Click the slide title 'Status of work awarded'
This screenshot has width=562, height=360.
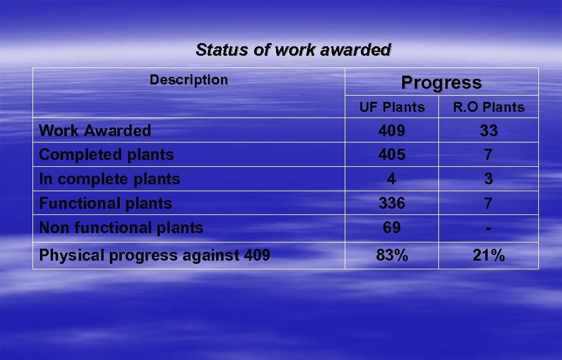pyautogui.click(x=293, y=50)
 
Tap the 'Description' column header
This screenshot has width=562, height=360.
pyautogui.click(x=189, y=80)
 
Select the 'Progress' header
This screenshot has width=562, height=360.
pyautogui.click(x=441, y=82)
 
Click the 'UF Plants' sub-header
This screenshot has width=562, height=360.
pyautogui.click(x=392, y=107)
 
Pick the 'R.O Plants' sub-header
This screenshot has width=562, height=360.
pyautogui.click(x=488, y=107)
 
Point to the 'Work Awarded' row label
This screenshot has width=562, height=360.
pyautogui.click(x=95, y=131)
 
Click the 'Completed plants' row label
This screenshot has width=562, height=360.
pyautogui.click(x=106, y=154)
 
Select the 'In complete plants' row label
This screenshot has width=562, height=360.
pyautogui.click(x=109, y=179)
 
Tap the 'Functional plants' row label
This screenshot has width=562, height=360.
pyautogui.click(x=105, y=203)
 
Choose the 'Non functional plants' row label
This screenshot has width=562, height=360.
pyautogui.click(x=121, y=228)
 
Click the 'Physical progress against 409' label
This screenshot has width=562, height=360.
pyautogui.click(x=154, y=255)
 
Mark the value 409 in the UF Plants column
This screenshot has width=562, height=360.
pyautogui.click(x=392, y=131)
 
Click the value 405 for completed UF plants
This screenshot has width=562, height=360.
pyautogui.click(x=392, y=154)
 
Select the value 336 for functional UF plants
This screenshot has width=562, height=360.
pyautogui.click(x=392, y=203)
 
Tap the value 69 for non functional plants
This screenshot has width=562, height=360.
pyautogui.click(x=392, y=228)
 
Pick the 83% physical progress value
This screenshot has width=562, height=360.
pyautogui.click(x=392, y=255)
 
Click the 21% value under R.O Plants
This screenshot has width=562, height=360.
pyautogui.click(x=488, y=255)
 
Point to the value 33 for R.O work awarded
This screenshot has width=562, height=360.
pyautogui.click(x=488, y=131)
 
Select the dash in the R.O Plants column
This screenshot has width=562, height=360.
pyautogui.click(x=488, y=228)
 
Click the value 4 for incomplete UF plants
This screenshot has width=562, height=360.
pyautogui.click(x=392, y=179)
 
